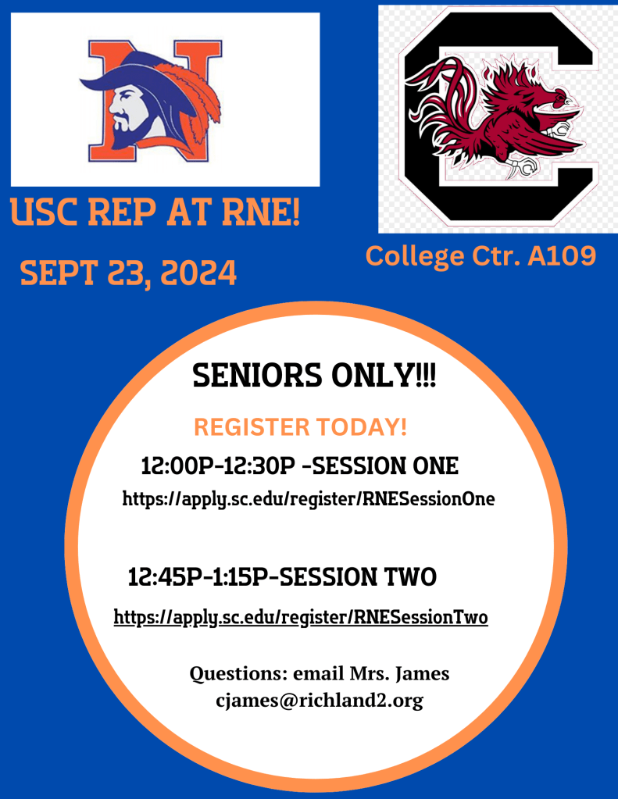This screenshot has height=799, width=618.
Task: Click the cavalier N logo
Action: tap(151, 101)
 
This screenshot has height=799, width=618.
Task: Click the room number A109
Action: tap(562, 255)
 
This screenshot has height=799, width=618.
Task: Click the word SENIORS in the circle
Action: tap(258, 376)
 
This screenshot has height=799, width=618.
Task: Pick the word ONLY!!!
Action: tap(384, 376)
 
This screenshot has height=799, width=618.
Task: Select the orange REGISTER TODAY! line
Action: tap(300, 427)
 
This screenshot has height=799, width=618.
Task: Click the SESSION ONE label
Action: tap(385, 465)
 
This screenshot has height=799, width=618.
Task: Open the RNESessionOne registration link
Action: tap(309, 498)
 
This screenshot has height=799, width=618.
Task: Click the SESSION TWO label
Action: tap(358, 577)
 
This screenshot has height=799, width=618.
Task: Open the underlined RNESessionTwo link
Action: tap(301, 617)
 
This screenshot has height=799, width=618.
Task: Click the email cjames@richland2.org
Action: tap(320, 701)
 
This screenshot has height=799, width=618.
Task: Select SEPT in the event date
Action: tap(58, 273)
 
